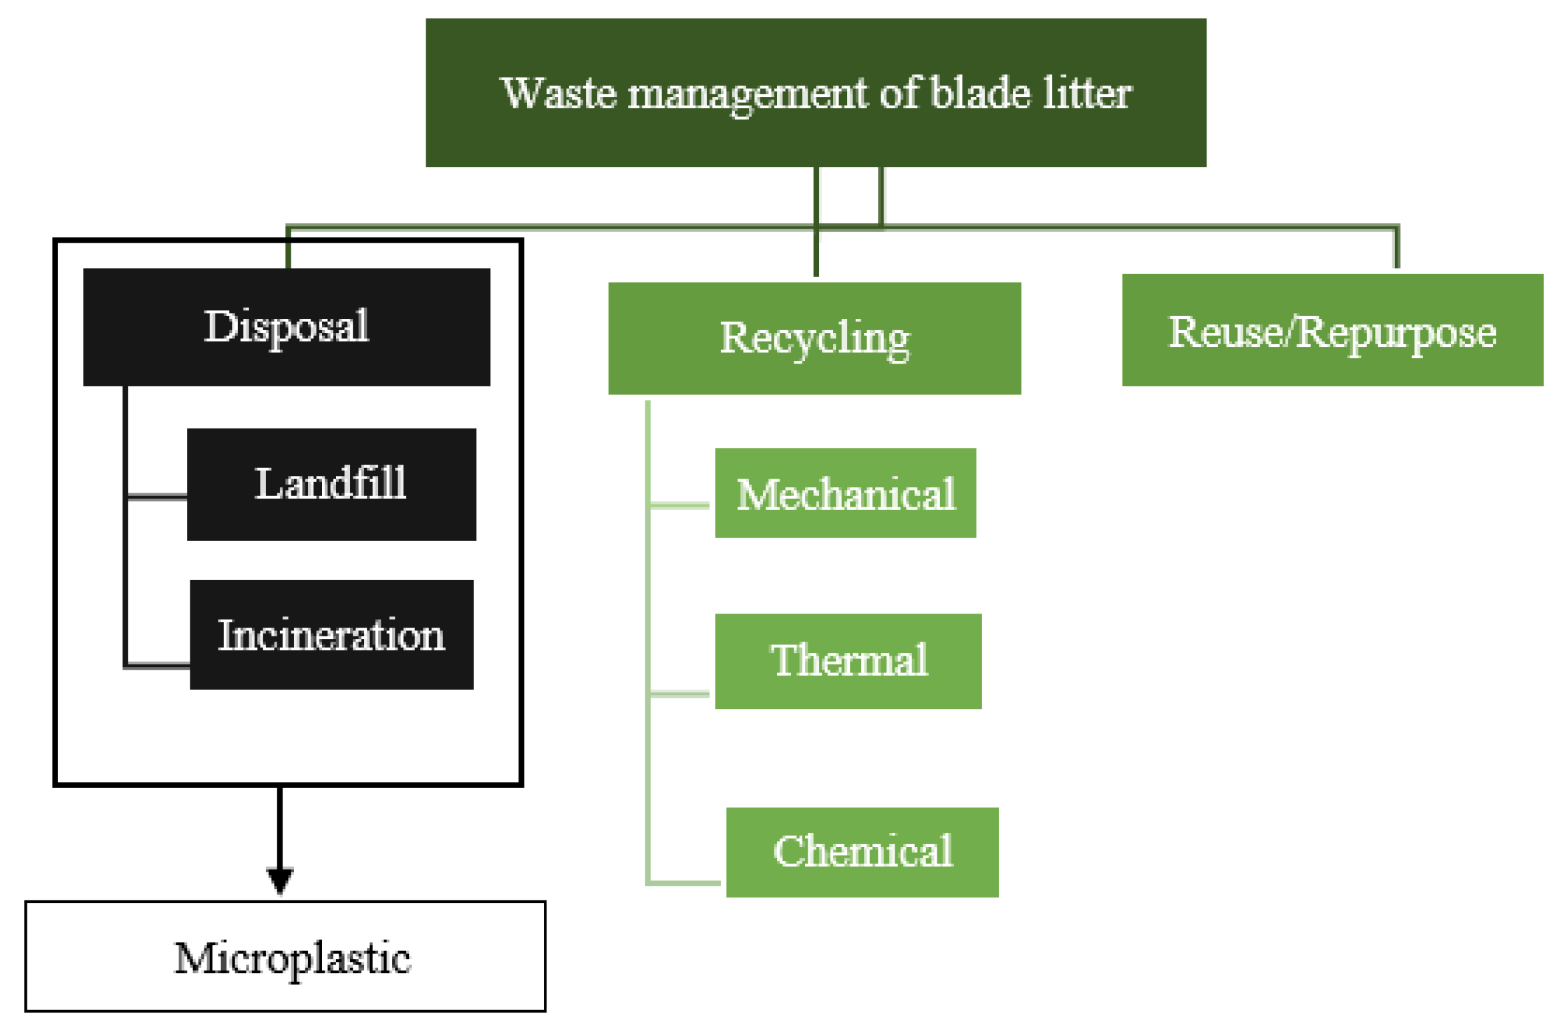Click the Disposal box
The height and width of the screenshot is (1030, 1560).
pos(286,327)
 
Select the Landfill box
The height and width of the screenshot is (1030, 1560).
pos(331,484)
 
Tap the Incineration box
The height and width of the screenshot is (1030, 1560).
pos(331,634)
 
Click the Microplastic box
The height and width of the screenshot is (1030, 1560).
pos(285,956)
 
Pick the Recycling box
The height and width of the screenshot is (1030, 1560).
pos(814,338)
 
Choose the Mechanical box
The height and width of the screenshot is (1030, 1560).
pos(844,493)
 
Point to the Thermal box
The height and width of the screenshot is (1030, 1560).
pos(847,661)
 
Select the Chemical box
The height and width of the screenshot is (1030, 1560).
pos(861,852)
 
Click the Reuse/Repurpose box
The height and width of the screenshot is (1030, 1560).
pos(1332,330)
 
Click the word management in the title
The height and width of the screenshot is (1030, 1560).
pos(746,94)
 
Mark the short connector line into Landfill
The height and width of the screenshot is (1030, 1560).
pos(157,496)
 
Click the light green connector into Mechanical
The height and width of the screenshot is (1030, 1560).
pos(679,505)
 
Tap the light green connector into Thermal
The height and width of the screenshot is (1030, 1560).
pos(679,694)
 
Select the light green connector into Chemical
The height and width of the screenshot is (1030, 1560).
pos(684,883)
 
